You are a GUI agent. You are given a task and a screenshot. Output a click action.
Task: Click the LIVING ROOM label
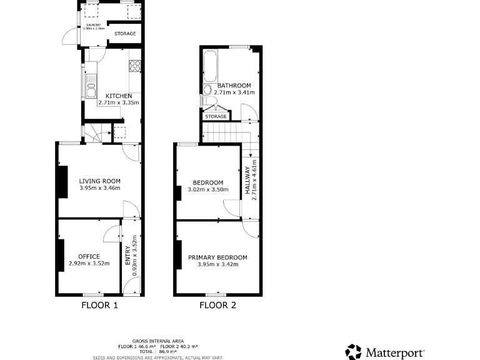pyautogui.click(x=100, y=181)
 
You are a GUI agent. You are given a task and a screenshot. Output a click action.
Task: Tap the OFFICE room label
pyautogui.click(x=89, y=256)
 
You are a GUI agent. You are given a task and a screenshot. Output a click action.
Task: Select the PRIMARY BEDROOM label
pyautogui.click(x=217, y=257)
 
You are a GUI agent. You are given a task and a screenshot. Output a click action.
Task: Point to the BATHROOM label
pyautogui.click(x=234, y=86)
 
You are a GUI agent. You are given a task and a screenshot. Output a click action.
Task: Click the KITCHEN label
pyautogui.click(x=118, y=96)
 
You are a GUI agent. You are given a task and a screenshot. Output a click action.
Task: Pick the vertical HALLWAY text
pyautogui.click(x=247, y=181)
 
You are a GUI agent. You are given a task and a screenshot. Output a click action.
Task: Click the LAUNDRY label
pyautogui.click(x=92, y=25)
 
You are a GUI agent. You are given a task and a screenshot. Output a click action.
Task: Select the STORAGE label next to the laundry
pyautogui.click(x=125, y=33)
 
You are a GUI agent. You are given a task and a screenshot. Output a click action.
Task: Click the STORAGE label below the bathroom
pyautogui.click(x=216, y=116)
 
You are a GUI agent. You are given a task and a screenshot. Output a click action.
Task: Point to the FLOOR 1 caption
pyautogui.click(x=100, y=306)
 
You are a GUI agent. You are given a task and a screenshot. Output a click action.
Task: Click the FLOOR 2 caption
pyautogui.click(x=217, y=306)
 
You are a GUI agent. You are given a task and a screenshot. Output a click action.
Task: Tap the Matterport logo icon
pyautogui.click(x=353, y=351)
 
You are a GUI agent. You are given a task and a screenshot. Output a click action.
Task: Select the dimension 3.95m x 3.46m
pyautogui.click(x=100, y=188)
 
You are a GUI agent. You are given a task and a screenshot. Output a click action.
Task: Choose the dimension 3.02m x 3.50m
pyautogui.click(x=208, y=189)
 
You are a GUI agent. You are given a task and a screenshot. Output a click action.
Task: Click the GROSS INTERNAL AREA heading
pyautogui.click(x=158, y=341)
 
